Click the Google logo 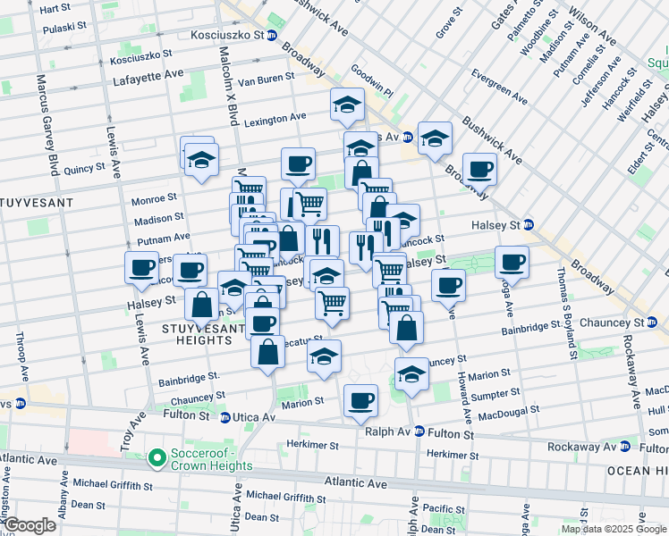coord(31,525)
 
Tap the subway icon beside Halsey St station coord(529,224)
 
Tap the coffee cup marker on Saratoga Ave coord(512,261)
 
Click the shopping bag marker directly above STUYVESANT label coord(202,304)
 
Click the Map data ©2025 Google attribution coord(613,529)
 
